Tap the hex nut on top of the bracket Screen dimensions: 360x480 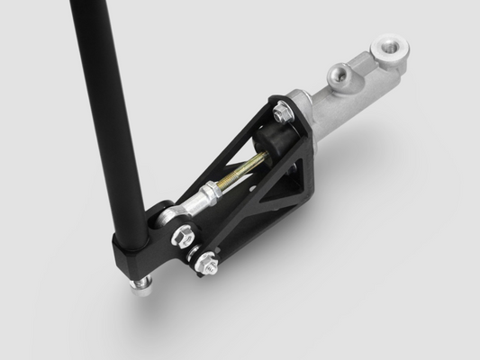coord(281,112)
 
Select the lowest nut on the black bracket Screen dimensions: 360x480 coord(210,265)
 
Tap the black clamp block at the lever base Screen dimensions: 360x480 coord(135,252)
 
